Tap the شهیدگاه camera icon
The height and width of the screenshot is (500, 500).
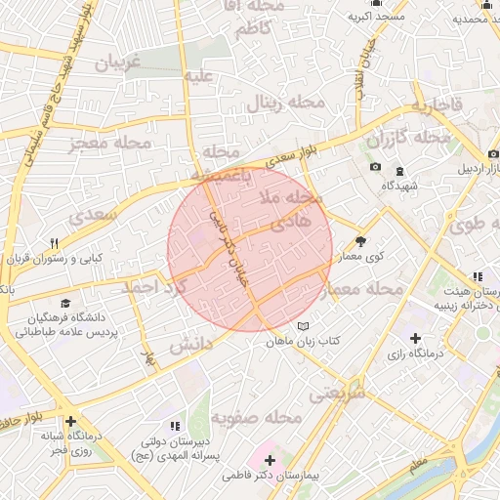pos(376,167)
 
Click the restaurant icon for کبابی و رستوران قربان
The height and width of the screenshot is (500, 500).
pos(55,244)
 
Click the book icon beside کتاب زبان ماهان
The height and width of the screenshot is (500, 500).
pos(303,325)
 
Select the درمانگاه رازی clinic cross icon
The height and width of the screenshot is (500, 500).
pos(417,338)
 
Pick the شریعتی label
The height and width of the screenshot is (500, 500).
pos(337,392)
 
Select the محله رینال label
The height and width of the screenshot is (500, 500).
pos(277,102)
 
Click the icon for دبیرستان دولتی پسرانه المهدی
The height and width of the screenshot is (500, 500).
pos(175,426)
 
